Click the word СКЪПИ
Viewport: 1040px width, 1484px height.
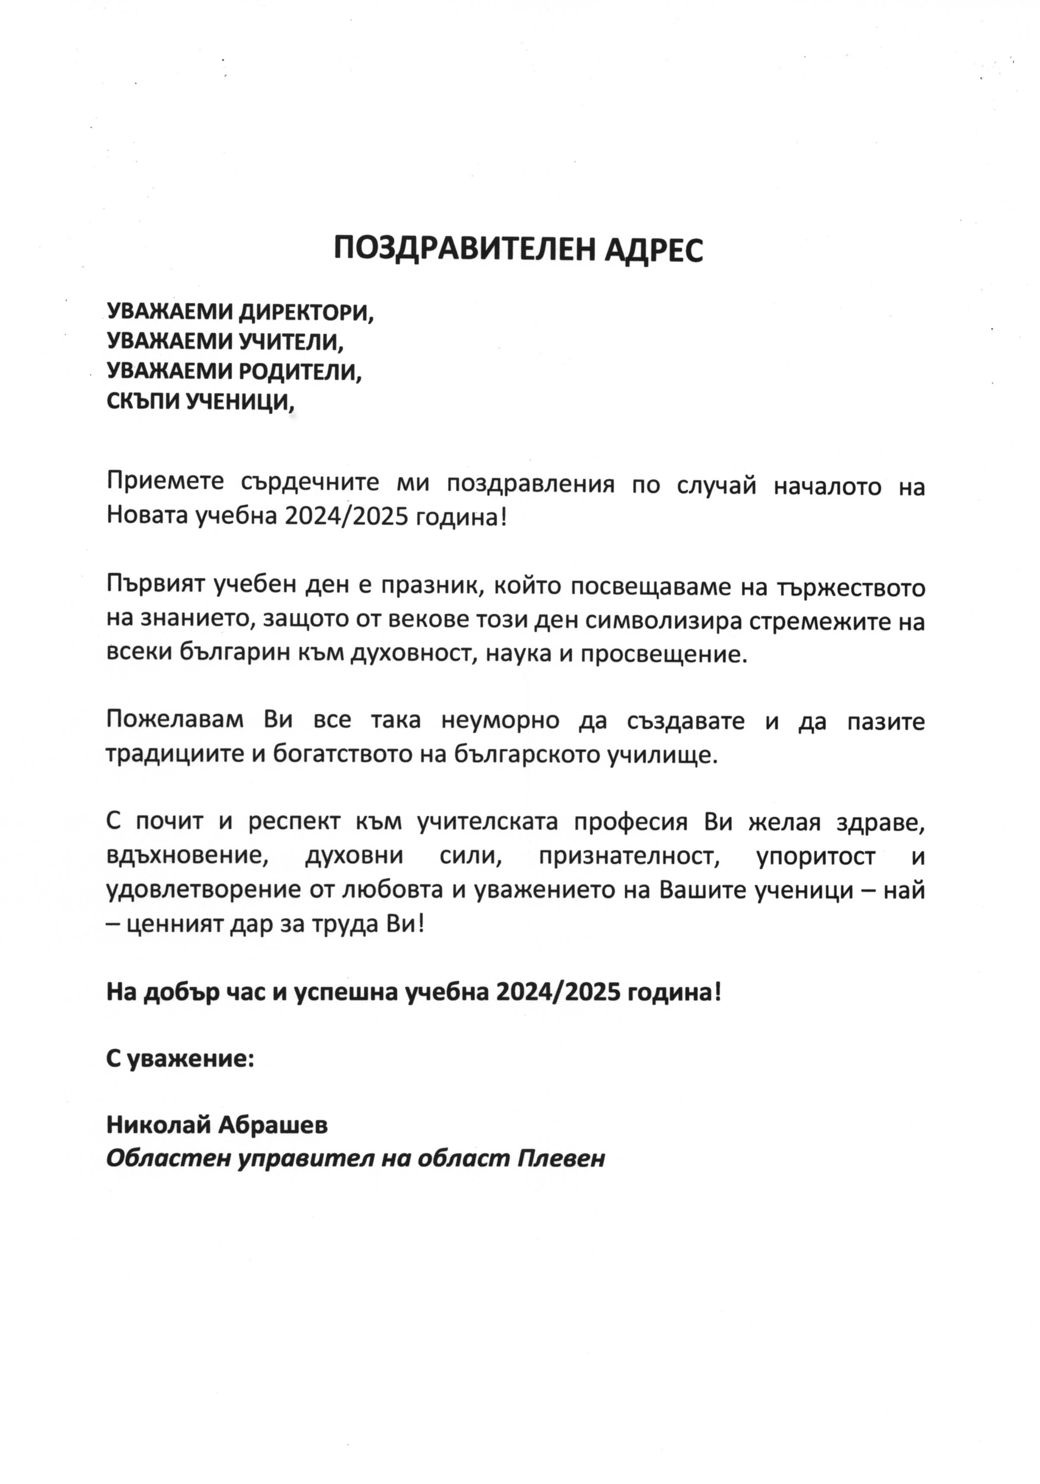(143, 402)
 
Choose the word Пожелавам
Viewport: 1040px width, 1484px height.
(174, 721)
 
